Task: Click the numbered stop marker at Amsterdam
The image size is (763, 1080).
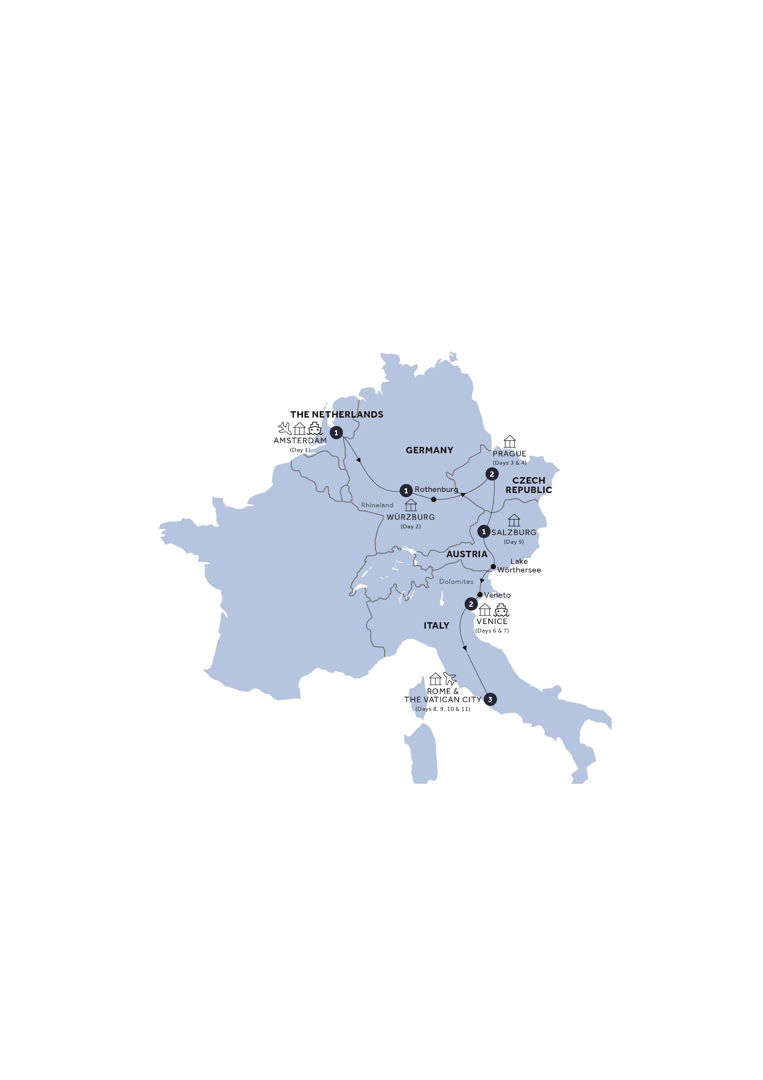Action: coord(336,433)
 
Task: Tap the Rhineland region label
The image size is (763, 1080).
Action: coord(377,505)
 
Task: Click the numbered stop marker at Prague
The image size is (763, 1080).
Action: coord(492,474)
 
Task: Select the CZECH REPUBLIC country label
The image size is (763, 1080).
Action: coord(528,485)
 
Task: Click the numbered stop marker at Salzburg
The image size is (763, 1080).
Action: coord(484,532)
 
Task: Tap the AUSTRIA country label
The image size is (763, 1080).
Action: coord(467,554)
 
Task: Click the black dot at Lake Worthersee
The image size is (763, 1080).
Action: coord(493,567)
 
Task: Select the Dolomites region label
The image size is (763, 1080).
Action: coord(456,582)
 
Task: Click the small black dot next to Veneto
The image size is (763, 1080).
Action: coord(480,595)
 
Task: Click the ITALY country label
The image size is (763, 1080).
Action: coord(436,626)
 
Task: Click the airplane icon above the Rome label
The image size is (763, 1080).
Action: coord(450,679)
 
